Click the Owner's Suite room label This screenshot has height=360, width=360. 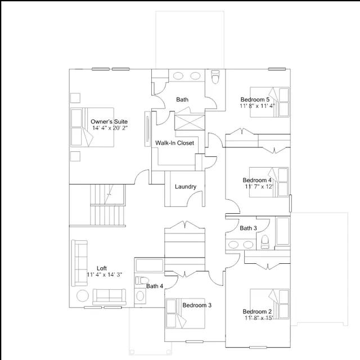(x=109, y=121)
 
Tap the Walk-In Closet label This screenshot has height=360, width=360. (x=174, y=143)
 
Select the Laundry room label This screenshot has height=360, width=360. (x=186, y=187)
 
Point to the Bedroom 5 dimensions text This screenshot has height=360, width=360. (x=258, y=106)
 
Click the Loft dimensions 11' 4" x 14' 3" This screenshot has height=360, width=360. (x=104, y=274)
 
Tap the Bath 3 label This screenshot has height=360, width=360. (x=248, y=228)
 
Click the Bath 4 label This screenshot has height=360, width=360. (x=155, y=286)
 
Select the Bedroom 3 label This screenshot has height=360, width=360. (x=197, y=305)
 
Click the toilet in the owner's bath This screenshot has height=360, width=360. (x=215, y=76)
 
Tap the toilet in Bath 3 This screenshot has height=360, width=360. (x=265, y=242)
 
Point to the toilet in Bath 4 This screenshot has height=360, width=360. (x=142, y=280)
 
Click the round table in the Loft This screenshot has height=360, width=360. (x=83, y=296)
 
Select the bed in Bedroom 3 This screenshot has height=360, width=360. (x=186, y=313)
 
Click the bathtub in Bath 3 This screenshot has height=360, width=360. (x=282, y=231)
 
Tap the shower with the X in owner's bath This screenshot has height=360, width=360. (x=190, y=123)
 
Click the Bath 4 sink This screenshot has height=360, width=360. (x=140, y=296)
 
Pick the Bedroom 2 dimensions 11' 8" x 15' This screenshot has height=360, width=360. (x=259, y=318)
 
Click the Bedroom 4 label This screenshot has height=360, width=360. (x=257, y=180)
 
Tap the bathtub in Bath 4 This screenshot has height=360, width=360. (x=150, y=265)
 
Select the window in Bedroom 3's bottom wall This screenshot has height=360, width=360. (x=195, y=341)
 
